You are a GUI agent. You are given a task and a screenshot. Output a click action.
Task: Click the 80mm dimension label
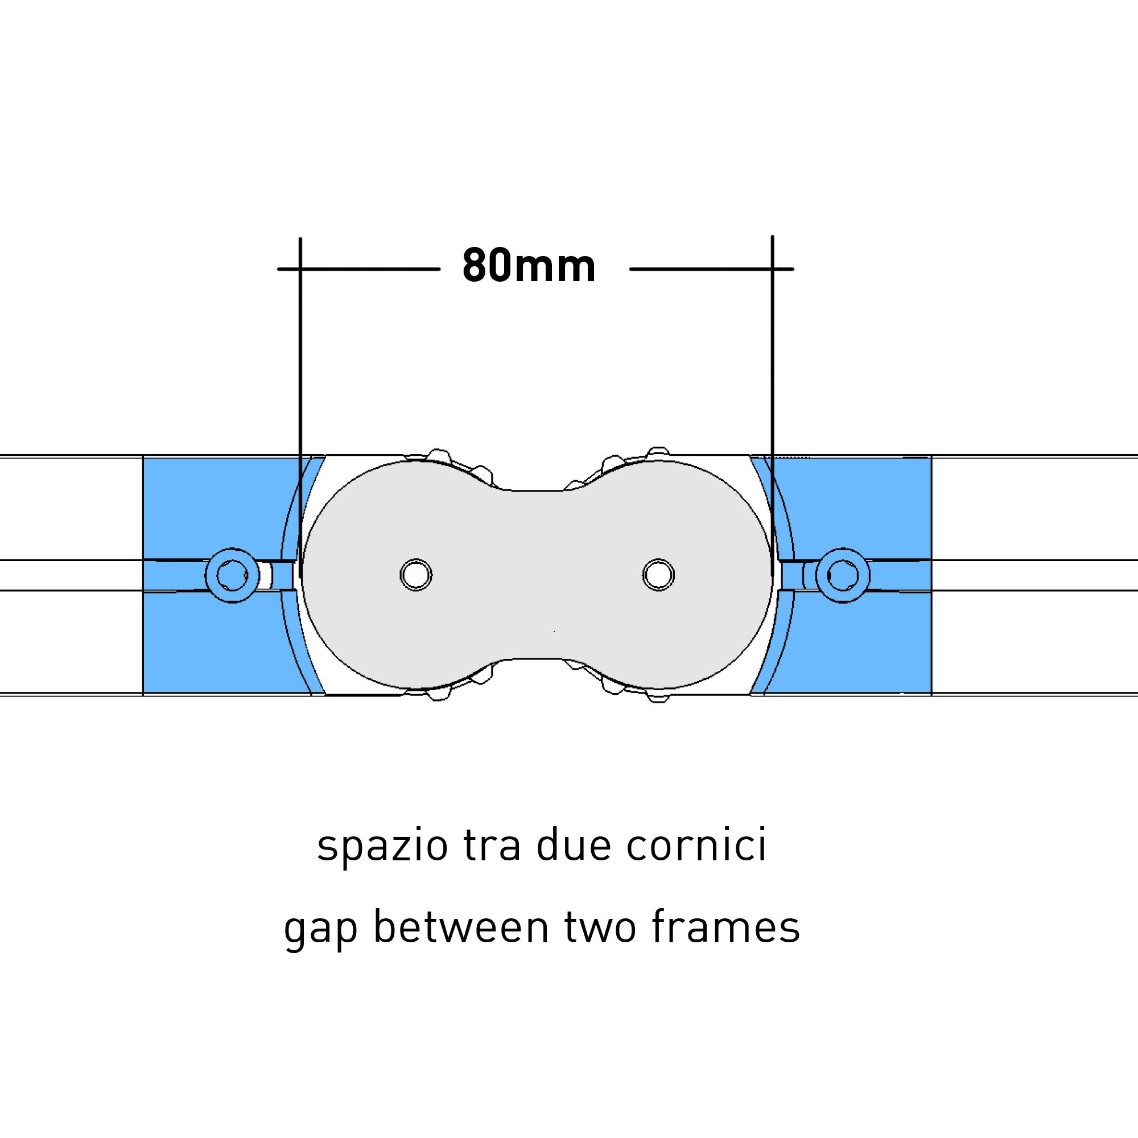529,266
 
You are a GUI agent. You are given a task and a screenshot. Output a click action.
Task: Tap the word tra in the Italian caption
492,847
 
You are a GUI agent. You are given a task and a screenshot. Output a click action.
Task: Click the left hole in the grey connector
416,574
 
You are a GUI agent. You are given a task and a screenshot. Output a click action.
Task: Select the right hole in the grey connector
658,574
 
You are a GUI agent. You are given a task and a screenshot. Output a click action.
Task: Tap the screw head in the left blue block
232,575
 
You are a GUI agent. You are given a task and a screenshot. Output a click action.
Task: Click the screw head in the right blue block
843,575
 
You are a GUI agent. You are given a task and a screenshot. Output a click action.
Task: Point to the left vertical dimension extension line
300,407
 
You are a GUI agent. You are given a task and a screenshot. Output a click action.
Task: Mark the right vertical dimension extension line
772,406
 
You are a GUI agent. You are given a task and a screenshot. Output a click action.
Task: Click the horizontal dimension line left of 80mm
358,269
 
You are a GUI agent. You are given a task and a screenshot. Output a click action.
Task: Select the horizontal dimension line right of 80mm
712,269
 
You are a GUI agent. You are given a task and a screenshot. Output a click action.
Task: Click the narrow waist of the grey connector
537,574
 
